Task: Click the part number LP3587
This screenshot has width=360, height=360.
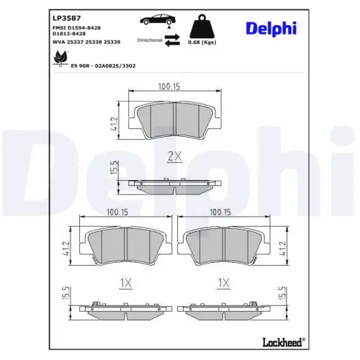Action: pos(67,18)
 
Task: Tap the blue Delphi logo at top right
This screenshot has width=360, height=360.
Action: pos(271,29)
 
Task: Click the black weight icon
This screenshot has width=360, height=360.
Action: pos(202,26)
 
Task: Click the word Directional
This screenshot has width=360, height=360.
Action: pos(150,40)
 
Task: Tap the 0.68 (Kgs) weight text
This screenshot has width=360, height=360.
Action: pos(202,42)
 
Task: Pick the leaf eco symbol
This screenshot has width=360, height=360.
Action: pos(60,58)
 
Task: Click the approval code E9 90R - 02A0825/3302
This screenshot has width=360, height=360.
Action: pos(103,66)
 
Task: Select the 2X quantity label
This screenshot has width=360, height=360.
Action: pos(174,156)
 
